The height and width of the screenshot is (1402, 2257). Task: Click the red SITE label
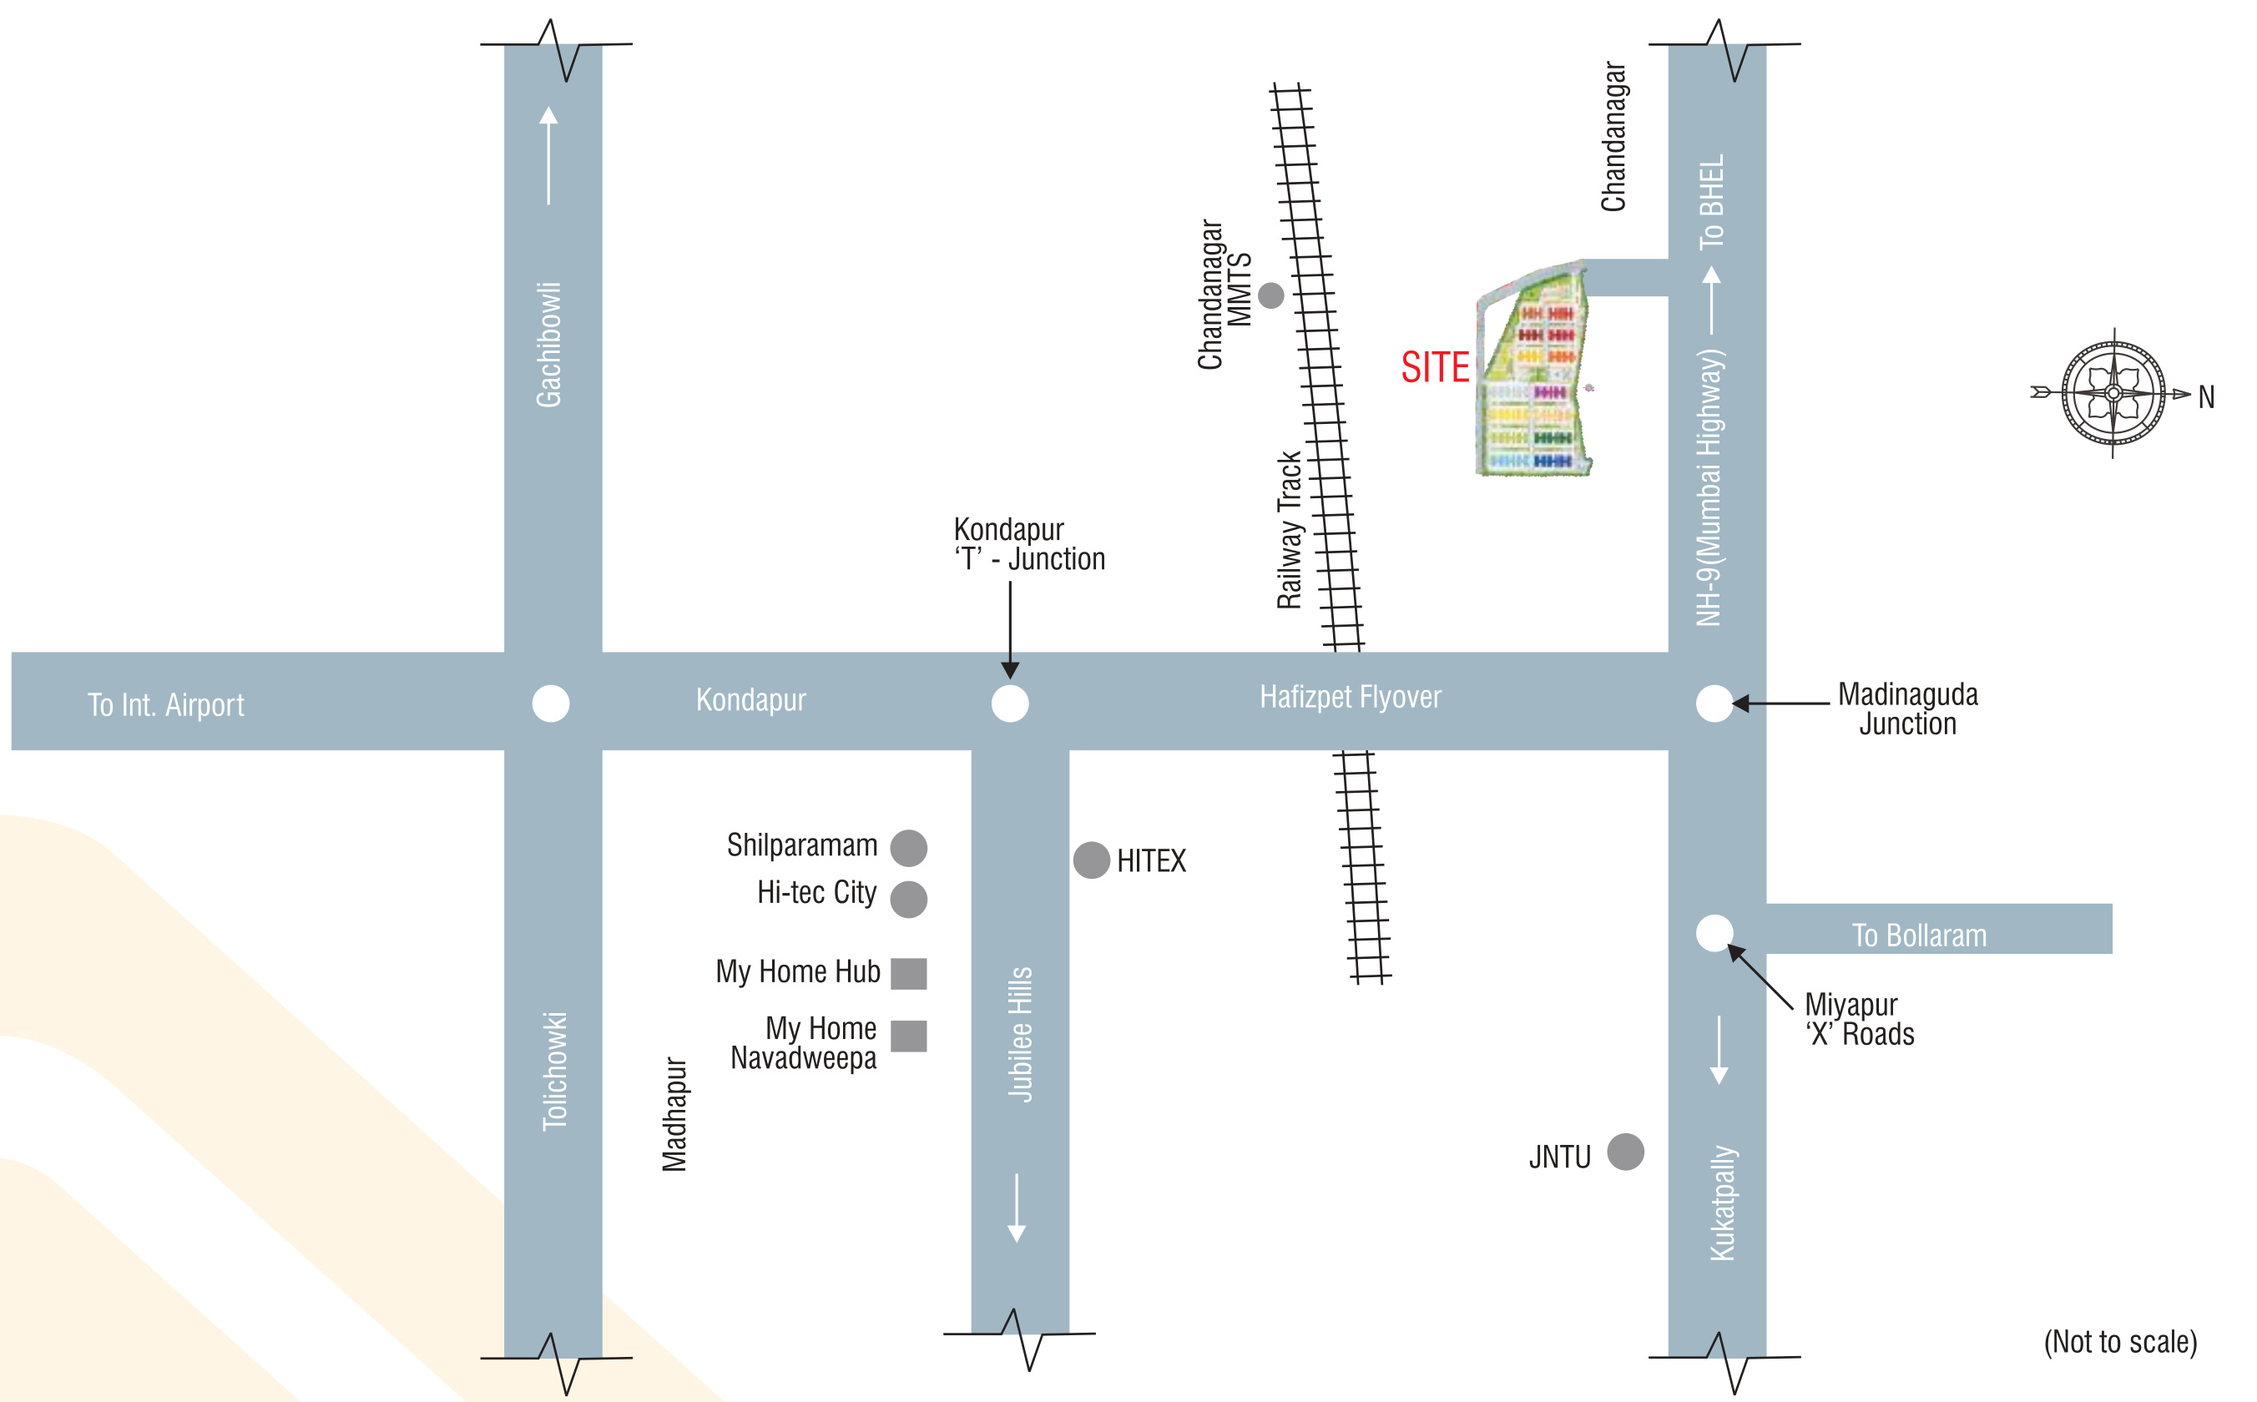coord(1435,367)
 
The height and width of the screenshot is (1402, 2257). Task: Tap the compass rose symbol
coord(2113,393)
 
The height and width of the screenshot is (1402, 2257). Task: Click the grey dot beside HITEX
coord(1092,860)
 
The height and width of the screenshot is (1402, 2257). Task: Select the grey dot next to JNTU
coord(1625,1152)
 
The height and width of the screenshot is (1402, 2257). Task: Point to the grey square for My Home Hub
coord(909,974)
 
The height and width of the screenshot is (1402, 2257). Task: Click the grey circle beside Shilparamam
coord(909,848)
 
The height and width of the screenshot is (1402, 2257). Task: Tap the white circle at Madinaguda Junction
coord(1714,703)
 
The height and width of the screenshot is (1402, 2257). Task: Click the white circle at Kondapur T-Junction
coord(1010,703)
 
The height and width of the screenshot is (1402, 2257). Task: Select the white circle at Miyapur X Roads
coord(1714,932)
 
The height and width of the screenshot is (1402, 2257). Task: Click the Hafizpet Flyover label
coord(1351,698)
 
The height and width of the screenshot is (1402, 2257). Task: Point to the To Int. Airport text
coord(166,704)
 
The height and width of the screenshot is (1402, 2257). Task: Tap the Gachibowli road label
coord(549,345)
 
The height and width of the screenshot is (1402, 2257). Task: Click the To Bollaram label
coord(1920,936)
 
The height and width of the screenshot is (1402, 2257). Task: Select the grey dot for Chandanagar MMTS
coord(1271,295)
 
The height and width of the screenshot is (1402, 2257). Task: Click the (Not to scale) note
coord(2121,1342)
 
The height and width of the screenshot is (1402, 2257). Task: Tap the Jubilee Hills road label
coord(1020,1035)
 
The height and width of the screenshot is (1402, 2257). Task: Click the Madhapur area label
coord(674,1115)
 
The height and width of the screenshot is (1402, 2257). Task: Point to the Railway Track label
coord(1289,531)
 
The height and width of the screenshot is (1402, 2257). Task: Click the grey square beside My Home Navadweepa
coord(909,1036)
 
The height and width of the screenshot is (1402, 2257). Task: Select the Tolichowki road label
coord(554,1071)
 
